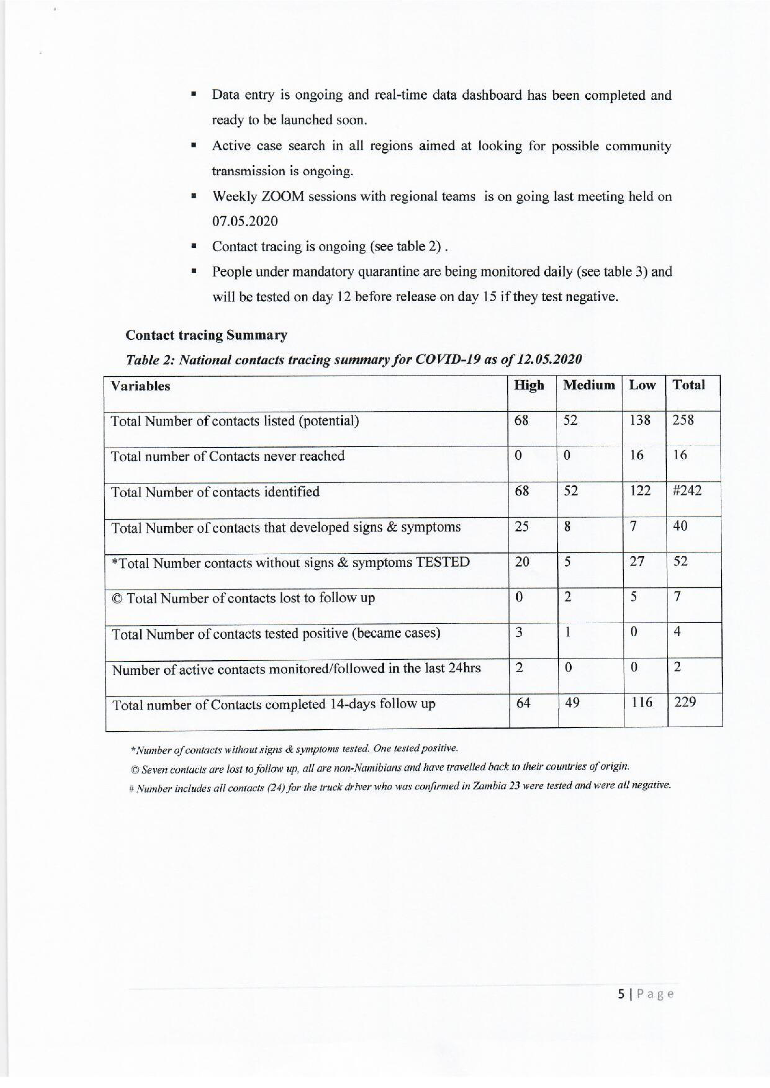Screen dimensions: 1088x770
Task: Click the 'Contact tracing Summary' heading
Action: [206, 335]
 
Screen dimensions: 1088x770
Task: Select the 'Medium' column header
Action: [589, 385]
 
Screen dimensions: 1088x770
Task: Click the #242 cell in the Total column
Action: [687, 491]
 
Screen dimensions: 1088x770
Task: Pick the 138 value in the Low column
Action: [640, 420]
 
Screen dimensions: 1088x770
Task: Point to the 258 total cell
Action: [683, 420]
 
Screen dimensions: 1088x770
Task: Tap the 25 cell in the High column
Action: [522, 526]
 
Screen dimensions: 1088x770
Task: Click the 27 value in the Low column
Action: [636, 562]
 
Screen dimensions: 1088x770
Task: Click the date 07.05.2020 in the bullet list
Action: [245, 221]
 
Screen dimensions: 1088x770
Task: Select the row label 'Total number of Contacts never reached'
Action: [228, 456]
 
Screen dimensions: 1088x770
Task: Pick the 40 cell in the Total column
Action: [680, 526]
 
